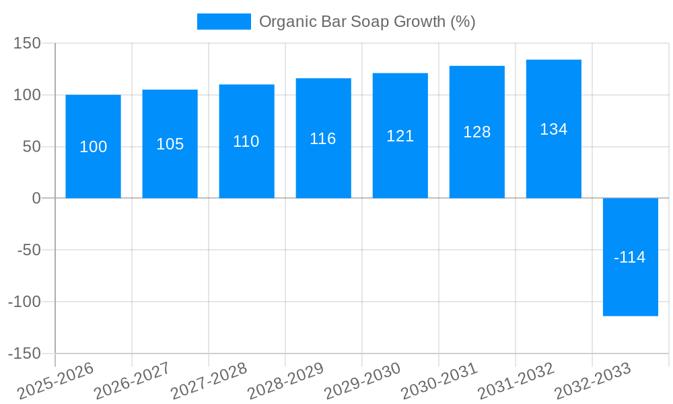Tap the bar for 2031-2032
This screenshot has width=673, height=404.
click(x=553, y=162)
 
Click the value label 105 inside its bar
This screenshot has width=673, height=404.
click(x=170, y=144)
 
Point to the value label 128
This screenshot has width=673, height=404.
click(x=476, y=132)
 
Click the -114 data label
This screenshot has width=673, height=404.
click(x=630, y=257)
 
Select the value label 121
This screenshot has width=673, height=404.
click(x=400, y=136)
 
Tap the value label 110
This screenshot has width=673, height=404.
click(x=246, y=141)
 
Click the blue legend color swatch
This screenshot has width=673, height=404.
click(x=223, y=22)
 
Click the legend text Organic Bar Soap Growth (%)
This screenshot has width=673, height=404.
click(x=367, y=22)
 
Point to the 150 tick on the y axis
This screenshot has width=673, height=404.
click(x=28, y=44)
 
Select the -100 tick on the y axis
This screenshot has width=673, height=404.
click(x=24, y=302)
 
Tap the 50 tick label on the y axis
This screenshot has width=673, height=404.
click(x=32, y=147)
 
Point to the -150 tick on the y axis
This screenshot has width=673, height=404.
click(x=24, y=353)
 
